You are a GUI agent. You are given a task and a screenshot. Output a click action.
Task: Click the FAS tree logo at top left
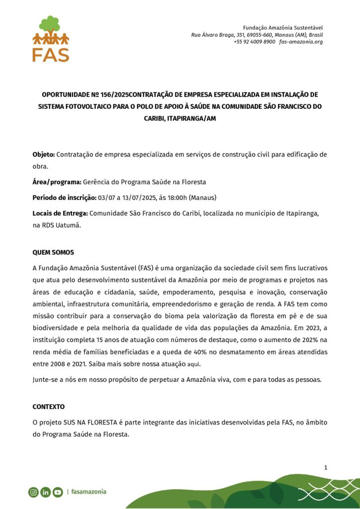(x=51, y=39)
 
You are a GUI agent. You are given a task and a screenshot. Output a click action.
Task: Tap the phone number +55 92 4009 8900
(x=254, y=42)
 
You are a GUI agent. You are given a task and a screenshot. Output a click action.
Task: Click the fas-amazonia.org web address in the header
(x=301, y=42)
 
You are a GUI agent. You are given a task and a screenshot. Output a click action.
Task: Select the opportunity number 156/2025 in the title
(x=107, y=94)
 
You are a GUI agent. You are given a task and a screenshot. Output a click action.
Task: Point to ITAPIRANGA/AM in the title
(x=191, y=119)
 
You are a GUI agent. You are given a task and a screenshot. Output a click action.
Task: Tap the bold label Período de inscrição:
(x=65, y=197)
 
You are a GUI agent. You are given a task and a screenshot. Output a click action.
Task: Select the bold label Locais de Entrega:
(x=60, y=213)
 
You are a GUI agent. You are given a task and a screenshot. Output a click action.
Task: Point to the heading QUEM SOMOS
(x=53, y=253)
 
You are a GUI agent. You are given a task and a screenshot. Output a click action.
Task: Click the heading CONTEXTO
(x=49, y=407)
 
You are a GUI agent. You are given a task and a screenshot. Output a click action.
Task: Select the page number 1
(x=325, y=467)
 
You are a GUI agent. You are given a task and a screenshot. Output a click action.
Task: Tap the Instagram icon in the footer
(x=33, y=492)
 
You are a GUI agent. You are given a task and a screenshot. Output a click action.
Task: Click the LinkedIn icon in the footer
(x=46, y=492)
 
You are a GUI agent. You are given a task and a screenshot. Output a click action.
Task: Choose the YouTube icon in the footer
(x=58, y=492)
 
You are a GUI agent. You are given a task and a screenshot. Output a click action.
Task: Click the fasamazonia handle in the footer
(x=89, y=492)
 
